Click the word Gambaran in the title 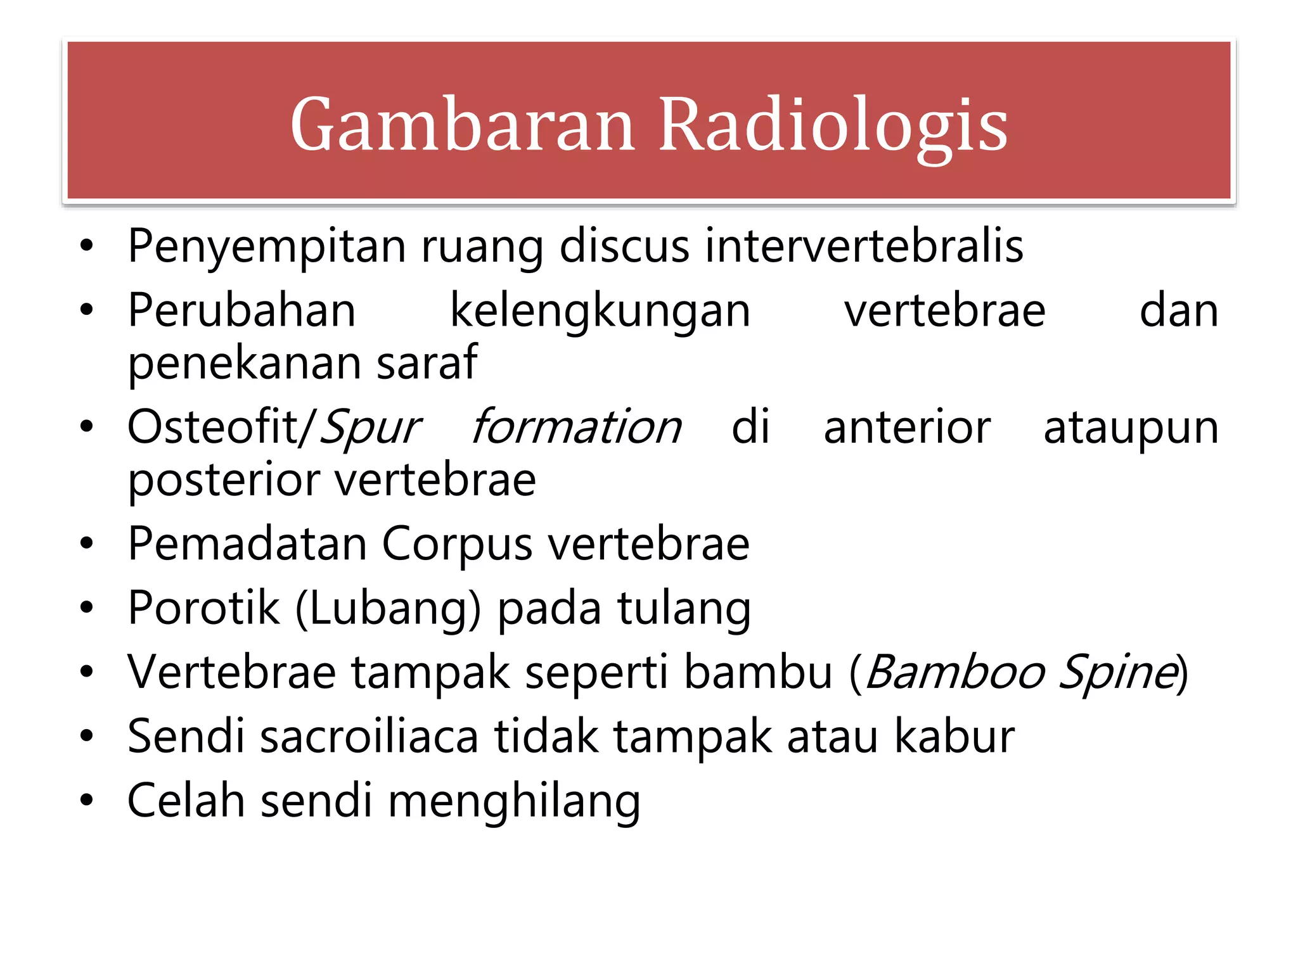(463, 124)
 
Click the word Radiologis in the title (833, 124)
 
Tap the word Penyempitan (267, 246)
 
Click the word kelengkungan (600, 312)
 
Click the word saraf (427, 362)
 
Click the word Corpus (456, 545)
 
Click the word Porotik (203, 608)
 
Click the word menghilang (514, 802)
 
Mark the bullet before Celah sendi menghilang (87, 801)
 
